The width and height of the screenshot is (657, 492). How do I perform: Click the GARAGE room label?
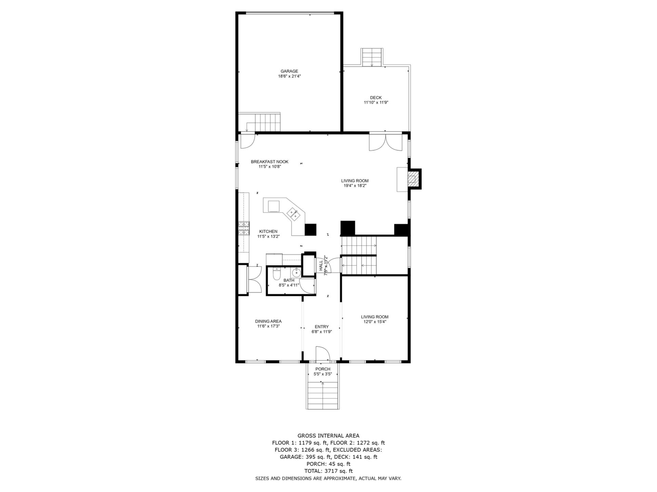[289, 71]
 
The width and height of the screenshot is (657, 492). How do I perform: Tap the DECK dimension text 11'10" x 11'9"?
[376, 102]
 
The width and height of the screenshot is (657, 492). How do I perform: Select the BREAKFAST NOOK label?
[270, 162]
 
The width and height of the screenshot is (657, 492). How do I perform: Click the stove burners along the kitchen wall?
[244, 228]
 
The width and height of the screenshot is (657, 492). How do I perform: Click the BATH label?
[289, 281]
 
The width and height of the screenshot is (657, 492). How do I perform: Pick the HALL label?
[321, 266]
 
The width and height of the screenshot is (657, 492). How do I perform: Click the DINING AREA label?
[268, 322]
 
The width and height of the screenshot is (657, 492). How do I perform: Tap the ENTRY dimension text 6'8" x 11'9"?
[322, 332]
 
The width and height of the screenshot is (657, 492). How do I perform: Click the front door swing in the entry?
[322, 354]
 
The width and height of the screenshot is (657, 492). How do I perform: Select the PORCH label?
[323, 369]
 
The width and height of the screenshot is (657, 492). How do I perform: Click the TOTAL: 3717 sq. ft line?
[328, 471]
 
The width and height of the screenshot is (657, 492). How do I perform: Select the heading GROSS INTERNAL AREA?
[328, 436]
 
